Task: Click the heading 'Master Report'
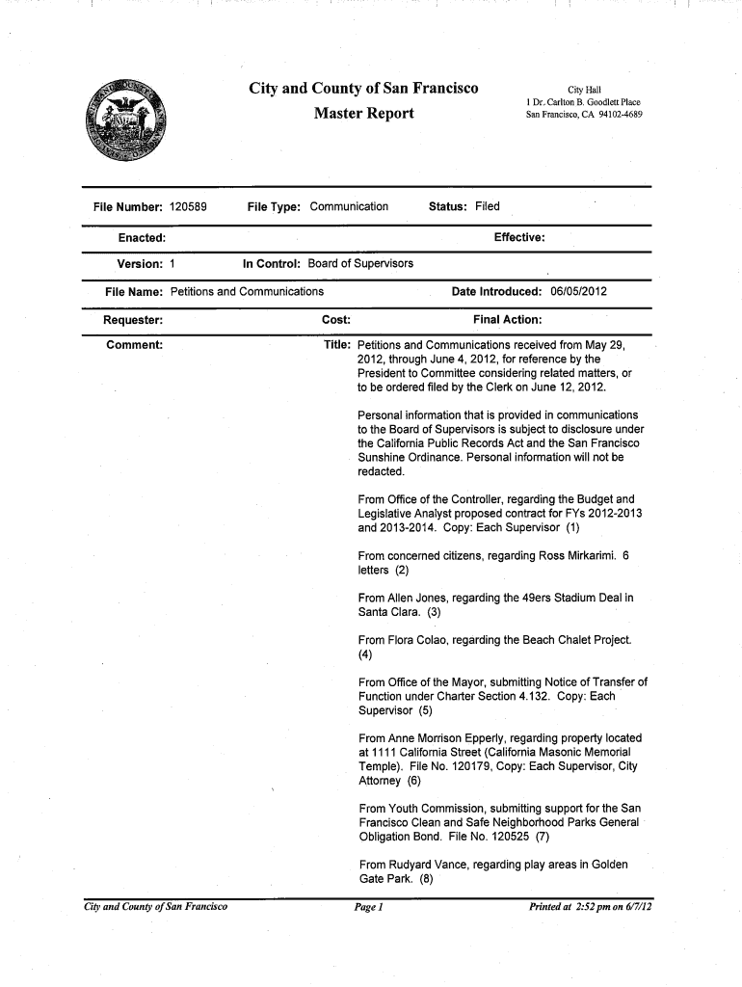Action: click(x=364, y=115)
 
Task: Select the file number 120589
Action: click(x=189, y=206)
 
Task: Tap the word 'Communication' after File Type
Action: click(x=349, y=206)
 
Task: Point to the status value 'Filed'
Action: click(x=488, y=206)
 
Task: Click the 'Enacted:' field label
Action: click(x=141, y=237)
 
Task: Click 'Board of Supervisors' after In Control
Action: click(x=360, y=263)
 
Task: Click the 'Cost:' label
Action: click(x=335, y=319)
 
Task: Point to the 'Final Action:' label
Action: click(x=508, y=319)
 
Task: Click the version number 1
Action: click(x=172, y=263)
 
